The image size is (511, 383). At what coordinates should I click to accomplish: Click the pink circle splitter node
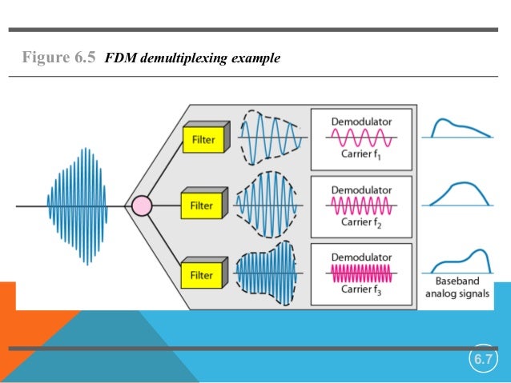pos(141,206)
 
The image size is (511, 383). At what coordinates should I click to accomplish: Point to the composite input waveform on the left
pos(78,206)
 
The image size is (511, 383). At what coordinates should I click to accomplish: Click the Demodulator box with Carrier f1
pos(360,138)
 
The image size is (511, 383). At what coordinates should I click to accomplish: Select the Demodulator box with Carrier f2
pos(360,205)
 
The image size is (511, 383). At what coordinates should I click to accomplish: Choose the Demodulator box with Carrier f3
pos(360,273)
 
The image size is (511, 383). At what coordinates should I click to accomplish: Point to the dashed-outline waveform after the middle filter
pos(269,205)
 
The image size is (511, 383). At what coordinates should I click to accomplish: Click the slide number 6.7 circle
pos(482,360)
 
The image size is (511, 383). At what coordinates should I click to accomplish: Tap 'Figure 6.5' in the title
pos(58,58)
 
